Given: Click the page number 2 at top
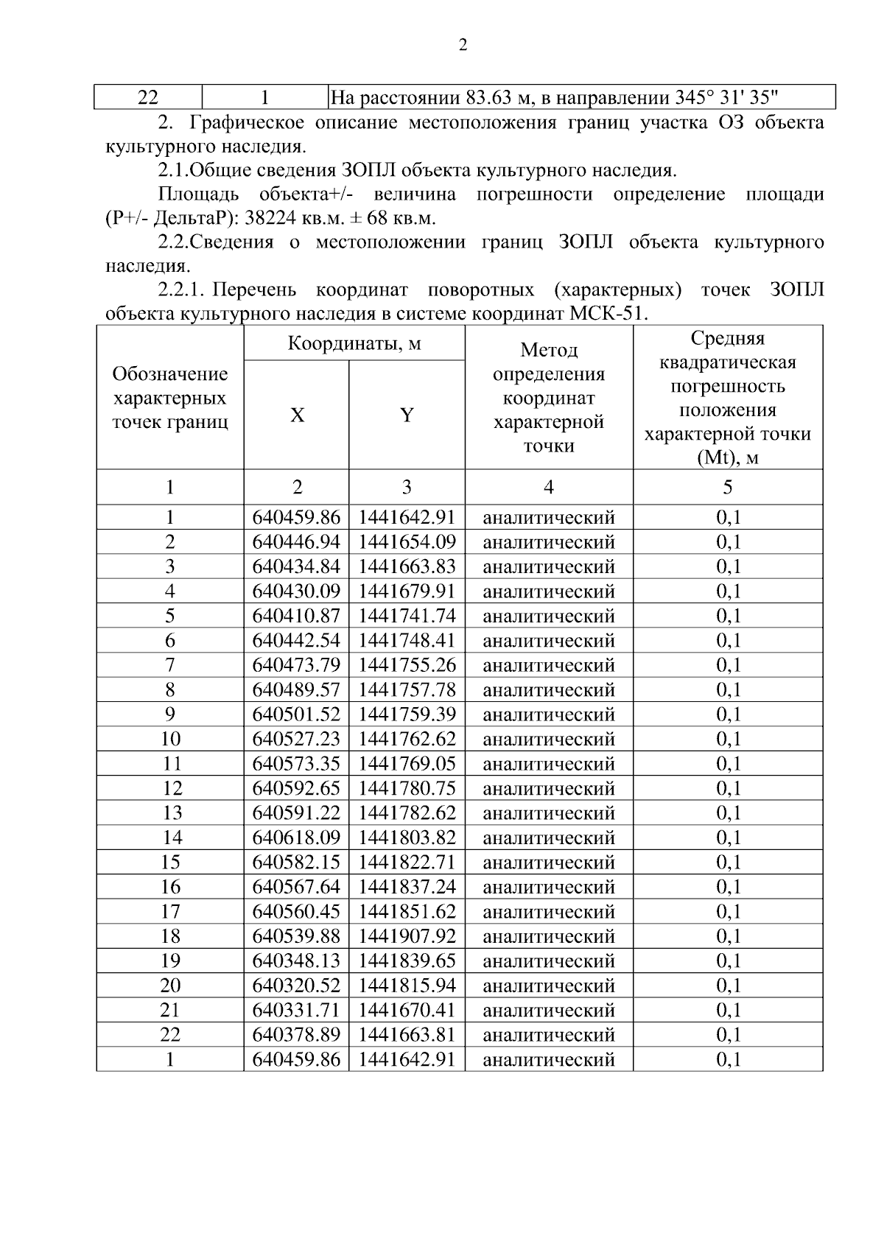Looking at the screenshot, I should point(462,46).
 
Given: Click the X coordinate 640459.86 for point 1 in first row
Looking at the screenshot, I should point(296,517).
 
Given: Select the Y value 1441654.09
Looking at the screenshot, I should point(407,542).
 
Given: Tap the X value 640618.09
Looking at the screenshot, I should point(296,838).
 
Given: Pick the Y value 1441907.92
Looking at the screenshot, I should point(407,936).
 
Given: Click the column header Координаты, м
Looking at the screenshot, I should point(354,344).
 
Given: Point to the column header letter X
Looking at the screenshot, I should point(296,415).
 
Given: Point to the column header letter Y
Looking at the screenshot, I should point(407,415).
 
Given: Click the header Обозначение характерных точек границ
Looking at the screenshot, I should point(169,398).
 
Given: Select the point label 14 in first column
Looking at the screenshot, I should point(170,838).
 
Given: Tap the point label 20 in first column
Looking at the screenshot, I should point(170,986).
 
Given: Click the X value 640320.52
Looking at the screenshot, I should point(296,986).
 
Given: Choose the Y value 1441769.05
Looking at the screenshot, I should point(407,764).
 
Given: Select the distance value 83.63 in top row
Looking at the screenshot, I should point(489,97).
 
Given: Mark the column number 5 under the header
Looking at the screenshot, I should point(727,487).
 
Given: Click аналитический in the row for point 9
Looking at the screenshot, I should point(548,714).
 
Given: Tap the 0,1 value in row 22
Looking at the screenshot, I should point(728,1035).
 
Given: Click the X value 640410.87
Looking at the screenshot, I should point(296,616).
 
